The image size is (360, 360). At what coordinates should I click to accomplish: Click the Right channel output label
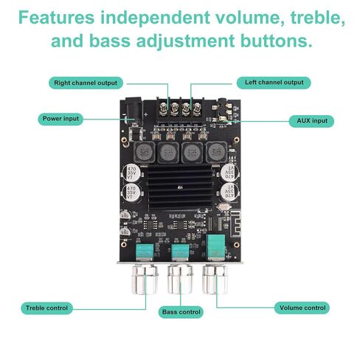(x=86, y=83)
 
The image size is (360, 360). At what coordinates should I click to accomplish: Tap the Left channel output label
(x=274, y=83)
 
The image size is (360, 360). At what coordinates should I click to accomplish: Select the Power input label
(x=60, y=119)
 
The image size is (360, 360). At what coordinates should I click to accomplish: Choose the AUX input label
(x=311, y=121)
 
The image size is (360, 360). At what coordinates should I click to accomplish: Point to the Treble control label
(x=46, y=308)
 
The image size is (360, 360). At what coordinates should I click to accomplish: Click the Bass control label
(x=181, y=312)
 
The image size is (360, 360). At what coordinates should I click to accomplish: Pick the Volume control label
(x=302, y=308)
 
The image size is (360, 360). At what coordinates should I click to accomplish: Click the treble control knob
(x=145, y=279)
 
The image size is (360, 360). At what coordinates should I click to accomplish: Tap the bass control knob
(x=180, y=279)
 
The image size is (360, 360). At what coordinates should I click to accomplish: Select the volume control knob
(x=215, y=279)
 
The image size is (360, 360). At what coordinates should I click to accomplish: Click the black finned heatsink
(x=180, y=187)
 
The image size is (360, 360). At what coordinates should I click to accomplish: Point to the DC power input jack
(x=134, y=110)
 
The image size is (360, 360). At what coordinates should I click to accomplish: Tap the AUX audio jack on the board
(x=223, y=109)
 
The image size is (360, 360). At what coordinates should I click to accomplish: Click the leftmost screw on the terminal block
(x=163, y=108)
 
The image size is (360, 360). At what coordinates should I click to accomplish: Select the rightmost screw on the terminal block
(x=197, y=108)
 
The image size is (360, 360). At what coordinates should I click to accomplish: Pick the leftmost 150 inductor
(x=144, y=153)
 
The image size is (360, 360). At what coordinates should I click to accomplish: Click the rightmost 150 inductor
(x=216, y=153)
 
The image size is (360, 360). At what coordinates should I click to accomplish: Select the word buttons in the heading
(x=277, y=41)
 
